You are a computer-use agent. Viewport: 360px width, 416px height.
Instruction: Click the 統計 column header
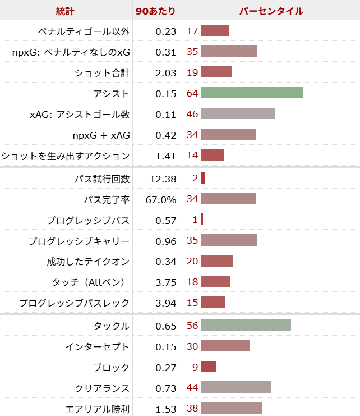click(65, 11)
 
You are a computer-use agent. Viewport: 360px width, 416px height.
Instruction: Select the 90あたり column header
click(155, 11)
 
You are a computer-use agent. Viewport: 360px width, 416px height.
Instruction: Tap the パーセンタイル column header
click(271, 11)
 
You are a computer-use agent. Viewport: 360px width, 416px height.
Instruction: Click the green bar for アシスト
click(252, 93)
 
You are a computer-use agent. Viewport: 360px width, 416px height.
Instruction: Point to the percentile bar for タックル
click(246, 326)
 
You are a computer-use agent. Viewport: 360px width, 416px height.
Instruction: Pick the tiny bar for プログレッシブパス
click(202, 220)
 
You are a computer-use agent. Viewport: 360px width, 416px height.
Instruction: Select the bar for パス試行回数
click(203, 179)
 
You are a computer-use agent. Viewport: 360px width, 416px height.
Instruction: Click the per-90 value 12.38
click(163, 179)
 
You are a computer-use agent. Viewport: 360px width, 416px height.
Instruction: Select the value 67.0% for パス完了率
click(161, 199)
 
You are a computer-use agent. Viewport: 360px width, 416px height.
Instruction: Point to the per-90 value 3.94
click(166, 303)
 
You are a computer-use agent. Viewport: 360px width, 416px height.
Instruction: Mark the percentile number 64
click(192, 93)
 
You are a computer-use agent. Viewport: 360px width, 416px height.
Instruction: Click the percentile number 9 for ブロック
click(195, 367)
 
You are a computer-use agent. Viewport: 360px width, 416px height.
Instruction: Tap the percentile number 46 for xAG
click(192, 114)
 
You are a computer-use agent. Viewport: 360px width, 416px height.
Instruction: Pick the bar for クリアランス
click(236, 388)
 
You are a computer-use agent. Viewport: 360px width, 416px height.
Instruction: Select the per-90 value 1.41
click(166, 156)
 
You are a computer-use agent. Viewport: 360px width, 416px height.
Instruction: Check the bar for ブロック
click(209, 367)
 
